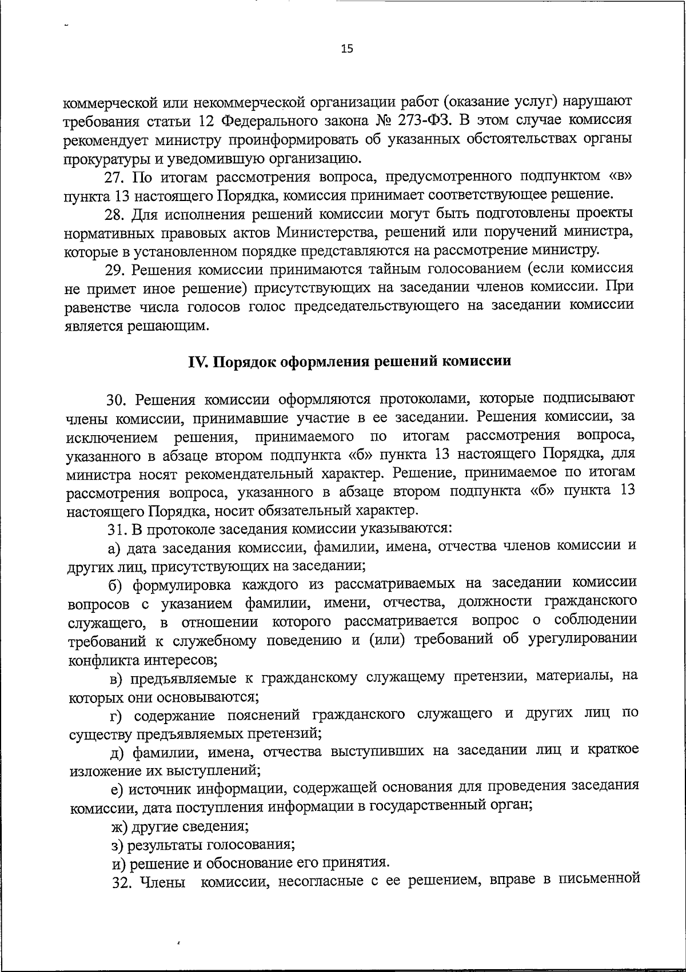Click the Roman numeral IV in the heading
[197, 362]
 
